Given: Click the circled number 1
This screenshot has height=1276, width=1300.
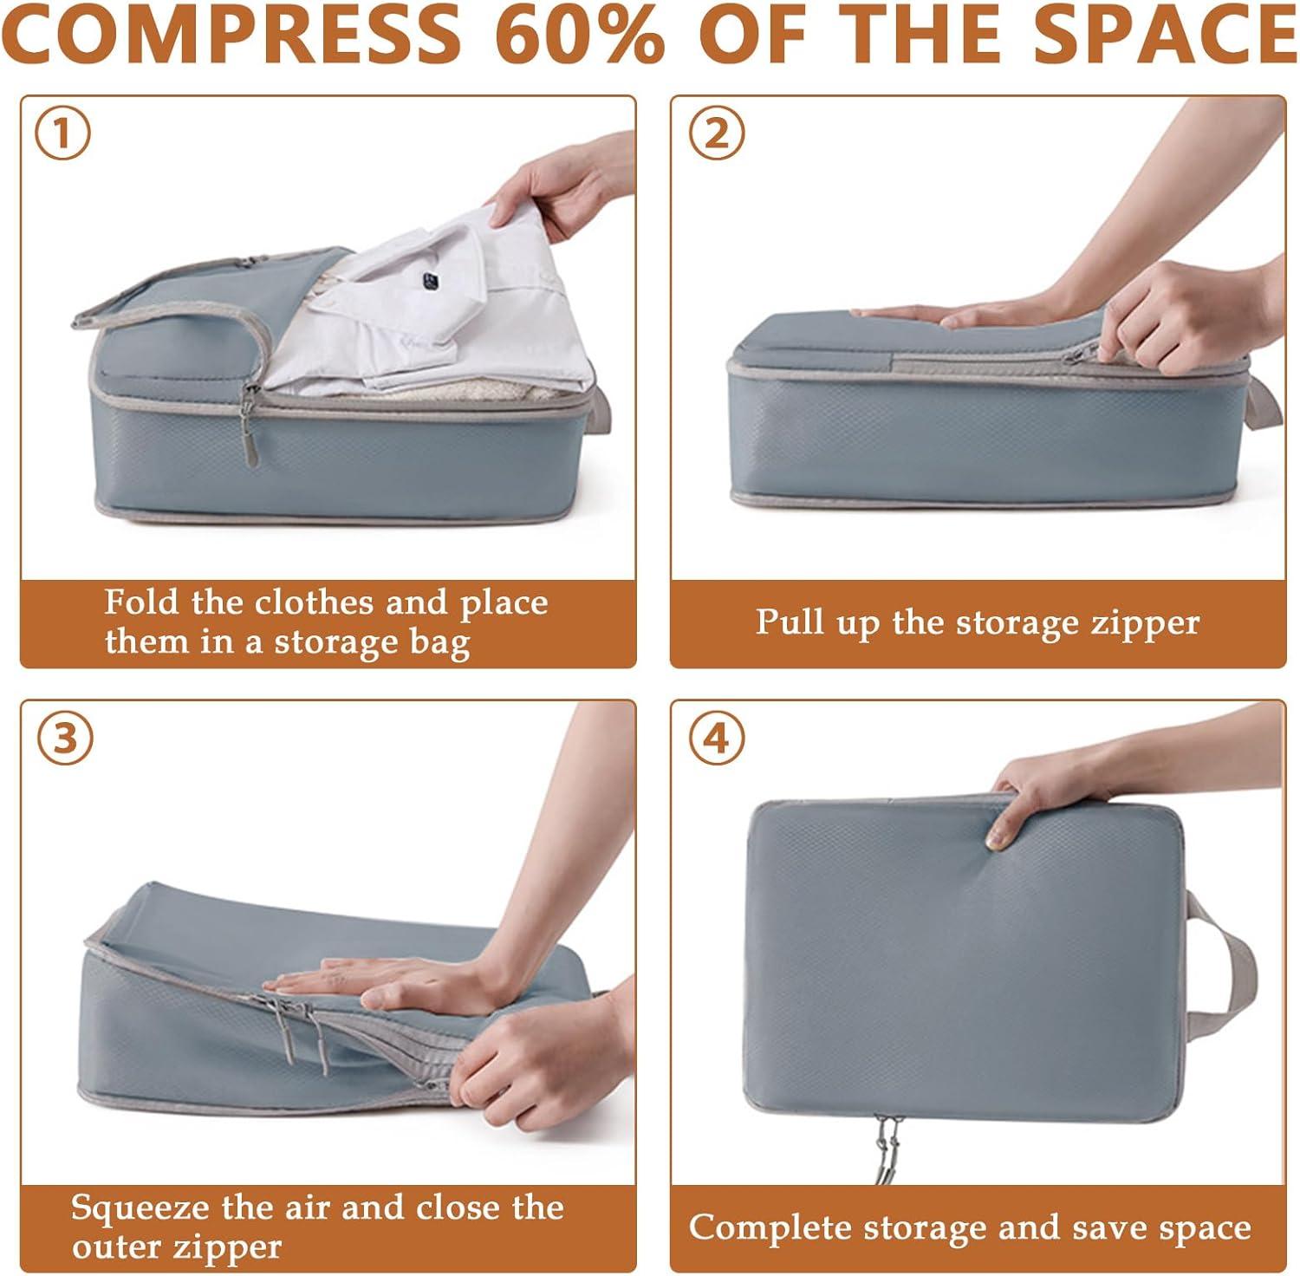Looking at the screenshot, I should (62, 133).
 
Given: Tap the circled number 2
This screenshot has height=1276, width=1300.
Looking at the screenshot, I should (716, 133).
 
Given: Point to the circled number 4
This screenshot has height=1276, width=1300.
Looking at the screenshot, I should (716, 739).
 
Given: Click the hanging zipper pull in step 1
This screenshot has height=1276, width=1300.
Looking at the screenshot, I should (250, 433).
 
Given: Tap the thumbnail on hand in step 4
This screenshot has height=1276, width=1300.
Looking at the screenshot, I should (997, 837).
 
